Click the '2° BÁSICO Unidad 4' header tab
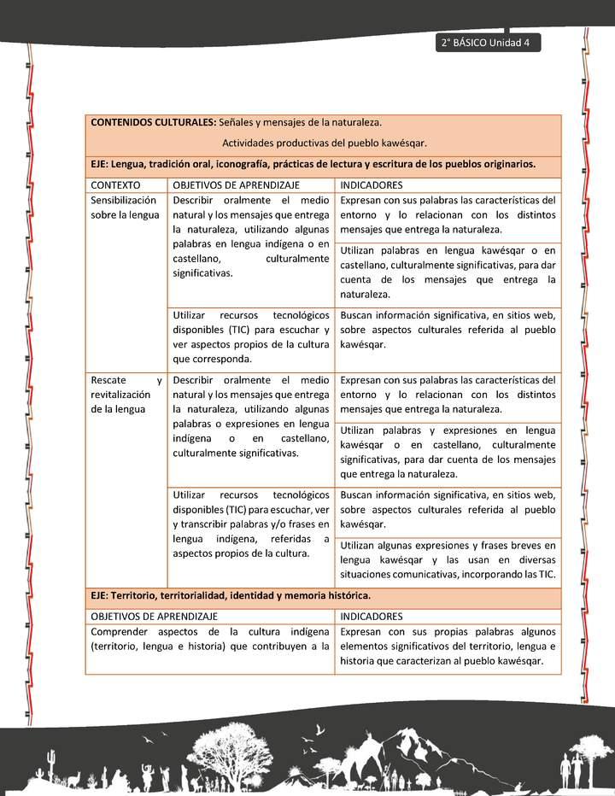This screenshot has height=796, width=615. point(487,44)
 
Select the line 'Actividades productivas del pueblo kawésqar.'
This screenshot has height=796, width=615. point(324,143)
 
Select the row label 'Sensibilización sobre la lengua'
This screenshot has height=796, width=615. point(125,208)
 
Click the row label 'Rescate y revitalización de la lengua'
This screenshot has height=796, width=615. point(126,395)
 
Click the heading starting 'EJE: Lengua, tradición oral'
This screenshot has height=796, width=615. point(313,163)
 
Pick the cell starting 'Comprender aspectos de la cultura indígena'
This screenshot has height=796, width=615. point(209,639)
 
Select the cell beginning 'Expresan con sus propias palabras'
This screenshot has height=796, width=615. point(448,647)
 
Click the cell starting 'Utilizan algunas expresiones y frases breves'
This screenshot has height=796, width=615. point(448,559)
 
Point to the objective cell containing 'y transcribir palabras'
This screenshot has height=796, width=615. point(250,524)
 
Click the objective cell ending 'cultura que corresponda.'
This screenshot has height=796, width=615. point(250,337)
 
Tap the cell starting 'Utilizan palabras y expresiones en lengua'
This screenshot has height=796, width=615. point(448,452)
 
